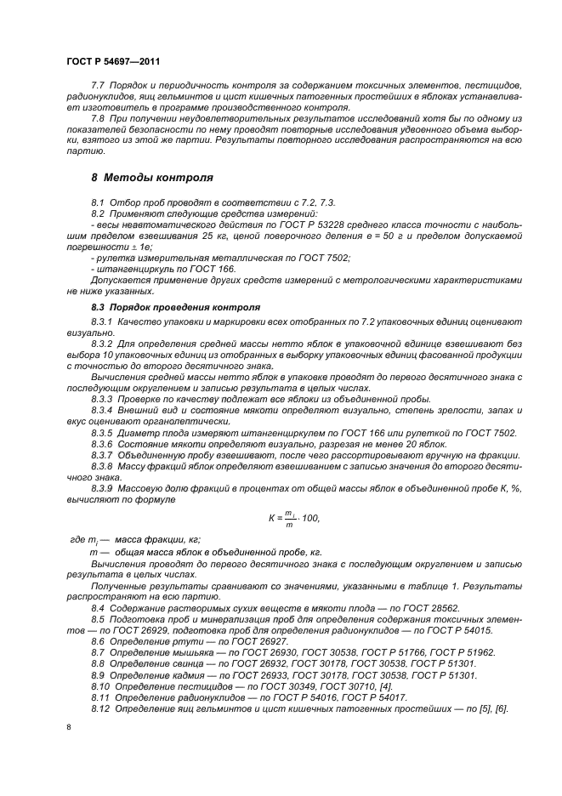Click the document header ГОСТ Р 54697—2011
113,62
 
